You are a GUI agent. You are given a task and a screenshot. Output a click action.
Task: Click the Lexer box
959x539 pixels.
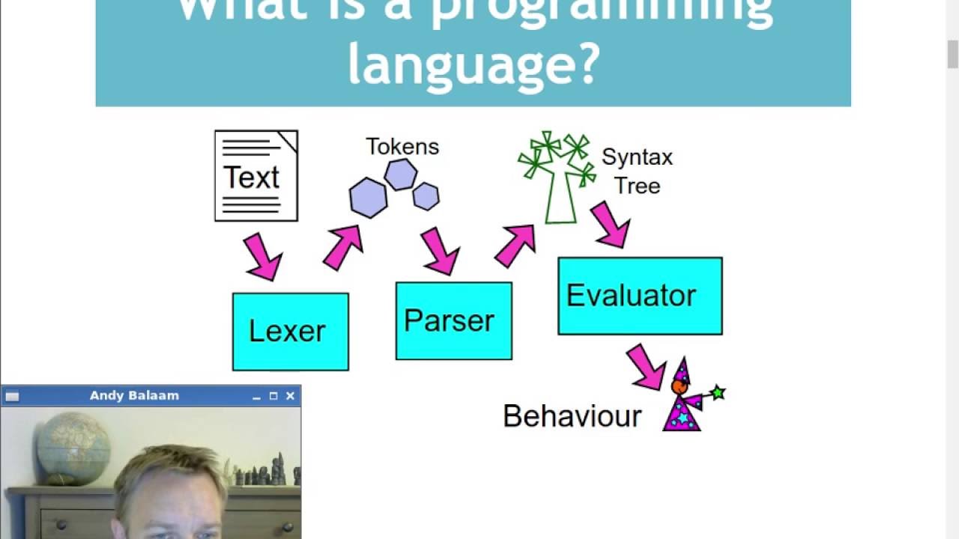click(x=290, y=332)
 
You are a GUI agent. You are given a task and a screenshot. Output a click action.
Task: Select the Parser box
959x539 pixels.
click(x=453, y=321)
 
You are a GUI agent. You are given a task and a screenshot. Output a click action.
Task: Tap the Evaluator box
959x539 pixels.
click(x=640, y=296)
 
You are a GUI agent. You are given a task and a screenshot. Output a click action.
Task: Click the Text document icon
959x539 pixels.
click(x=256, y=176)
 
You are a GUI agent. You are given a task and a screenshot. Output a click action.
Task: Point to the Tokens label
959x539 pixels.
click(x=402, y=147)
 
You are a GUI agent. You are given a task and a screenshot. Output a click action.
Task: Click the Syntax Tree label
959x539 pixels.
click(x=637, y=171)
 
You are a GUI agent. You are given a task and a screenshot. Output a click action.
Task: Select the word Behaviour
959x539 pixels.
click(x=572, y=416)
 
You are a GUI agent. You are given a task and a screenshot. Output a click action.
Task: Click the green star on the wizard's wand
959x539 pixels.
click(x=718, y=392)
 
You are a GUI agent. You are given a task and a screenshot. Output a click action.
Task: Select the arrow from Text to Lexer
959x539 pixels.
click(x=261, y=256)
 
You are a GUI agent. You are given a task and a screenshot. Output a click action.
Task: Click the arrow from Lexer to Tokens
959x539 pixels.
click(x=343, y=247)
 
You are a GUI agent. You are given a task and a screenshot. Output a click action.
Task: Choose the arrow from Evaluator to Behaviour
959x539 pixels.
click(x=646, y=366)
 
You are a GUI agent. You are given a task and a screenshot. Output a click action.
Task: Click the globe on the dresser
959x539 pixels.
click(x=73, y=448)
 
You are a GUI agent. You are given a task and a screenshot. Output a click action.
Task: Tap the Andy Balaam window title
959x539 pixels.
click(x=134, y=395)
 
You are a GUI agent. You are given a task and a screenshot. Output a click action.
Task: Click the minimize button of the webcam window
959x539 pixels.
click(x=256, y=396)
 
